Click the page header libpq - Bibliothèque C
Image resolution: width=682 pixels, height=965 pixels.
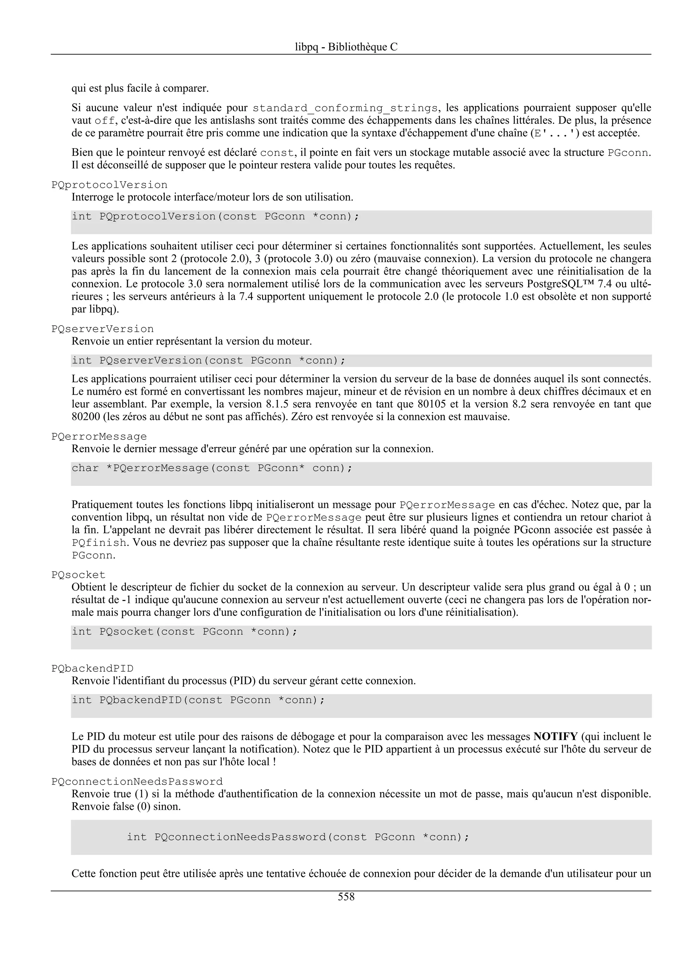coord(346,47)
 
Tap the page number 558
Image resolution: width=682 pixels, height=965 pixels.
coord(346,897)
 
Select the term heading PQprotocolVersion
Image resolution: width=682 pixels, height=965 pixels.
coord(109,185)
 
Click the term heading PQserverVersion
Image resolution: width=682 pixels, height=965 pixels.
coord(103,329)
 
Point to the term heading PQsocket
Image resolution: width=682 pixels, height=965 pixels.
coord(78,574)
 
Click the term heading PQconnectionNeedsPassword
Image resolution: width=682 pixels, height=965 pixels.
coord(137,782)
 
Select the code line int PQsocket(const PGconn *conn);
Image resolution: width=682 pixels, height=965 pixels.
coord(184,631)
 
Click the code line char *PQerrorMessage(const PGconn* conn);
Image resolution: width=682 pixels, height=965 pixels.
coord(212,468)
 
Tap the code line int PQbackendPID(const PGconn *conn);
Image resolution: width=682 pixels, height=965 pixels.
coord(198,700)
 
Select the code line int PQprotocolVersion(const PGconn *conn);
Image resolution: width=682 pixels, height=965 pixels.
coord(215,216)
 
